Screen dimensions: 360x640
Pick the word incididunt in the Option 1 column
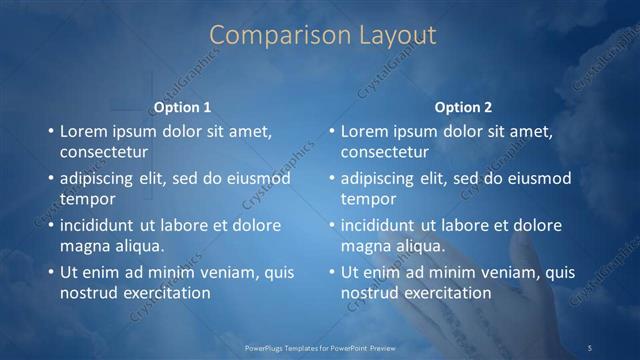coord(104,225)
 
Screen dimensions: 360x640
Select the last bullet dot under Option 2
coord(331,272)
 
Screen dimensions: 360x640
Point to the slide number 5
coord(590,347)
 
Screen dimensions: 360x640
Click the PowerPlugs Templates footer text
coord(319,347)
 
